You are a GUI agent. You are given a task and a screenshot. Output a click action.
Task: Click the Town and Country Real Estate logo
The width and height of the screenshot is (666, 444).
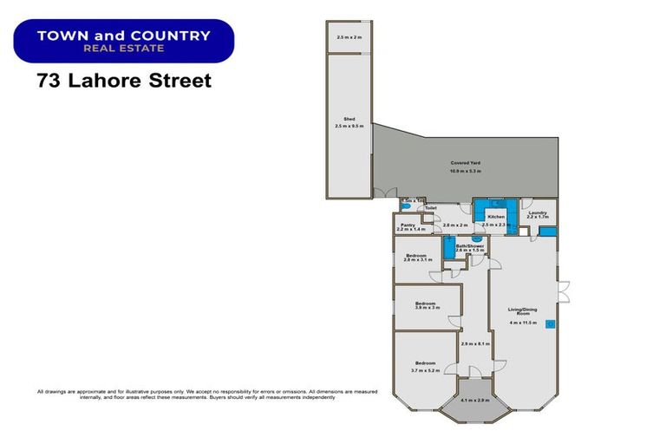click(124, 41)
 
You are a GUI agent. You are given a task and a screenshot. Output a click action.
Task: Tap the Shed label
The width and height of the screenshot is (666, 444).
click(349, 120)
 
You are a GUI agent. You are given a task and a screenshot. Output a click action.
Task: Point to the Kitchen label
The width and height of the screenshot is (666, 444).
click(495, 217)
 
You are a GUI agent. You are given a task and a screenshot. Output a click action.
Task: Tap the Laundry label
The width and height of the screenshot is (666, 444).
click(538, 212)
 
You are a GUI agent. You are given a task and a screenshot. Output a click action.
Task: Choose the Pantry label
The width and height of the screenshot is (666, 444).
click(408, 225)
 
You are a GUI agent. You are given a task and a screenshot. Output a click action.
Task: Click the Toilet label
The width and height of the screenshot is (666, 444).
click(431, 208)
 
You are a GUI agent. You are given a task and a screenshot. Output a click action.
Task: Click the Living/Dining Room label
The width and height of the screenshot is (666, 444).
click(525, 310)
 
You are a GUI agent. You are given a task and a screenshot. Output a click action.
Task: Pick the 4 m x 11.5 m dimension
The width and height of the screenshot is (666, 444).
click(525, 323)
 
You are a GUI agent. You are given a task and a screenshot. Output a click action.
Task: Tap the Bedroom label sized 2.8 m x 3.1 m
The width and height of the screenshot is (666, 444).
click(418, 255)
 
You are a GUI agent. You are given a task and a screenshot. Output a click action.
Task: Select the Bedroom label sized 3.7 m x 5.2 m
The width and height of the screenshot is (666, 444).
click(424, 362)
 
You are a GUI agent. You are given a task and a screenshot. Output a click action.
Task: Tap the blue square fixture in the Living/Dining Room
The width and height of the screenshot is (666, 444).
click(549, 323)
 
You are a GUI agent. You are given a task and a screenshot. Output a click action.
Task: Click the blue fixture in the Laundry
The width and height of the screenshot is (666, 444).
click(547, 232)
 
